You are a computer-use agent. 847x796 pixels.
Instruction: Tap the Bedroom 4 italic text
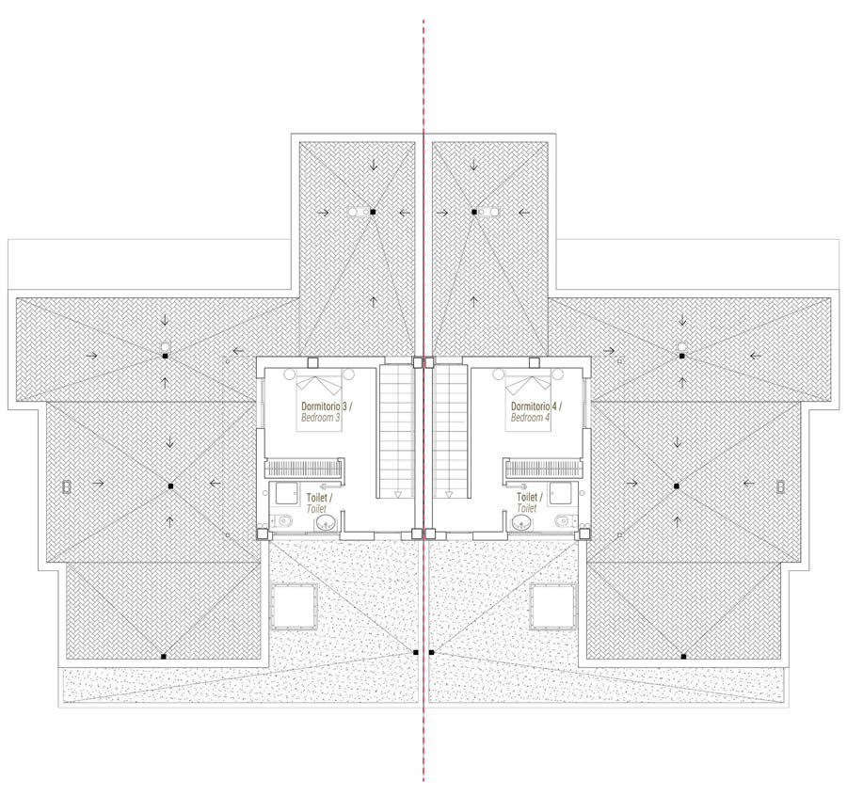pos(531,418)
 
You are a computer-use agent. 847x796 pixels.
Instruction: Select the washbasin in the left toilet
pos(326,522)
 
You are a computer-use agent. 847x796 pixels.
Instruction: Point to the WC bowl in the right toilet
pos(564,521)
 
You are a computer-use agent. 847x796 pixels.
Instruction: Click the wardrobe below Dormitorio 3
pos(304,469)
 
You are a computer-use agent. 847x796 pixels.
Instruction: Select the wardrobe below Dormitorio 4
pos(543,469)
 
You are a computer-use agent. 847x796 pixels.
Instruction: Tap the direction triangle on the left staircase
pos(398,494)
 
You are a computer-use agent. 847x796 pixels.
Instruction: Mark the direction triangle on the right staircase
pos(448,494)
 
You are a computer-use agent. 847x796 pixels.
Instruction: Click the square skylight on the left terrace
pos(294,606)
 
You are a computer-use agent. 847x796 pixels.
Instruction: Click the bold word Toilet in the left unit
pos(317,498)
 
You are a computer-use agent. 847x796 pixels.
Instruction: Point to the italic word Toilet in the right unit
pos(527,508)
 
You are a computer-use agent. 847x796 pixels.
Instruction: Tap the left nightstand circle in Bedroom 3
pos(289,373)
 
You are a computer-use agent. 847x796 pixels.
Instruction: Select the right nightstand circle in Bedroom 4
pos(558,373)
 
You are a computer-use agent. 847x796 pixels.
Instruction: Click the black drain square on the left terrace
pos(415,652)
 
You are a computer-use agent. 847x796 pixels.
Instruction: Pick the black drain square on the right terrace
pos(431,652)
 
